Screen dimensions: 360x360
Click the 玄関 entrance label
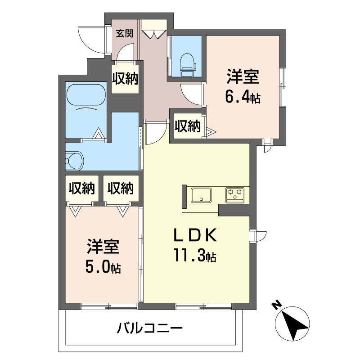[x=125, y=34]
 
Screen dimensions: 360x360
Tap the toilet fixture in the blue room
[x=188, y=65]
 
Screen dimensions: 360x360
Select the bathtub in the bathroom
[x=86, y=96]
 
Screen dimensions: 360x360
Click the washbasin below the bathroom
[x=74, y=161]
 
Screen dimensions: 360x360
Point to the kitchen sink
[x=201, y=195]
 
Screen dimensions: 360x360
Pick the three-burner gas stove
[x=235, y=195]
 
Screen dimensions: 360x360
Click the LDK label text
[x=195, y=235]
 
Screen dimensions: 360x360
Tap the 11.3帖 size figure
[x=195, y=255]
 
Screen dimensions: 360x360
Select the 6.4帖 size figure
[x=243, y=98]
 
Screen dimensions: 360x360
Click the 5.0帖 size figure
[x=103, y=267]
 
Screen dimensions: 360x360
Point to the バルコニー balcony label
[x=150, y=328]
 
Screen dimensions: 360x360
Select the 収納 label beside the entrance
[x=125, y=78]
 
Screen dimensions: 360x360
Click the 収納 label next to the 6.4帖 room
[x=188, y=126]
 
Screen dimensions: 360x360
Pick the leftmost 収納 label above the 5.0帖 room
[x=82, y=188]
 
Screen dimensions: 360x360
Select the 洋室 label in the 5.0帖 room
[x=103, y=247]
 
